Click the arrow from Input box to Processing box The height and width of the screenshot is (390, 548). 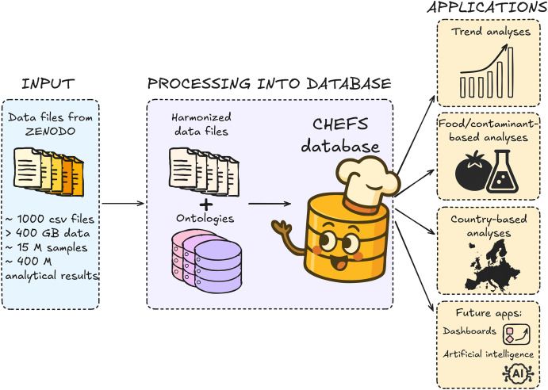pyautogui.click(x=124, y=204)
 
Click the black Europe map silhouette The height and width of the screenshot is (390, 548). pyautogui.click(x=488, y=262)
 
